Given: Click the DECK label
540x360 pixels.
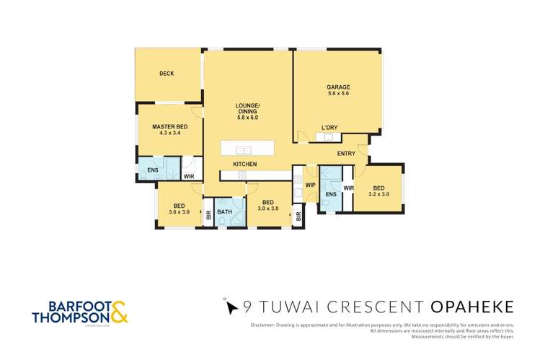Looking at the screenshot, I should click(167, 74).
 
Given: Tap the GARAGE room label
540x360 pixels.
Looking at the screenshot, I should click(338, 87).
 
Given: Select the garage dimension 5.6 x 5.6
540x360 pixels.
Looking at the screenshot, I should click(338, 95).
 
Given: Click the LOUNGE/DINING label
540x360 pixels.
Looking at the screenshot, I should click(247, 107).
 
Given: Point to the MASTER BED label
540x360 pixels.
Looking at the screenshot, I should click(169, 127).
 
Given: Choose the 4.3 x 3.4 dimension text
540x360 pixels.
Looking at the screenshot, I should click(169, 134).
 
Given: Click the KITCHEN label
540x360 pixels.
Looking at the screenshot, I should click(244, 164).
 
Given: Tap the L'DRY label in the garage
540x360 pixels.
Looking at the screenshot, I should click(329, 128).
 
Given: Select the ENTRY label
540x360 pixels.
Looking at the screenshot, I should click(346, 153).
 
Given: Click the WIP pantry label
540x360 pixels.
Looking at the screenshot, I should click(311, 185).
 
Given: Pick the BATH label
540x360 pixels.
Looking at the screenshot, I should click(225, 212).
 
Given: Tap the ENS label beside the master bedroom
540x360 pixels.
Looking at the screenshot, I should click(153, 171).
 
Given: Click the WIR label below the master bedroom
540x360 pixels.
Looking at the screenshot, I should click(188, 176).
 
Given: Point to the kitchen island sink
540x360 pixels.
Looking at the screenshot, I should click(244, 151).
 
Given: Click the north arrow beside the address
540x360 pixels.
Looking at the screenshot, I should click(230, 308).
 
